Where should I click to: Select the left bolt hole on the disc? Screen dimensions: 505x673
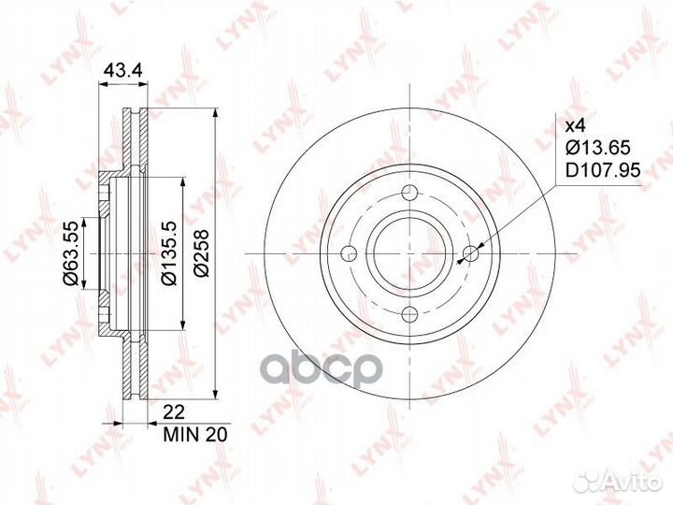tap(349, 252)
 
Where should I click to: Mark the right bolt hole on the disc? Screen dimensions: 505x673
tap(471, 252)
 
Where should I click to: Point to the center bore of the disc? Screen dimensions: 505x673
tap(409, 252)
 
